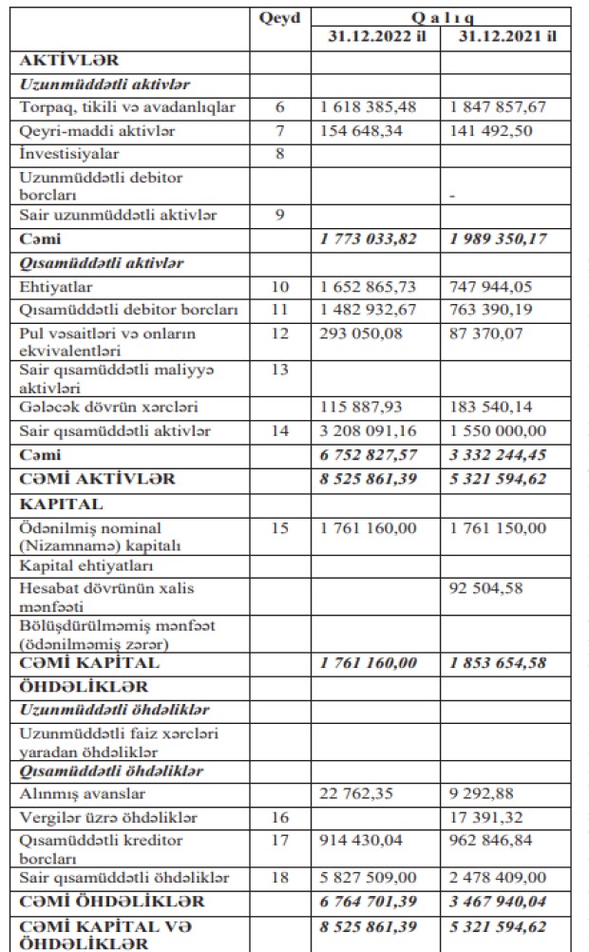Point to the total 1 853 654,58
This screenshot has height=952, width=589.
[500, 663]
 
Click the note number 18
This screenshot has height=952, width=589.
[279, 877]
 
